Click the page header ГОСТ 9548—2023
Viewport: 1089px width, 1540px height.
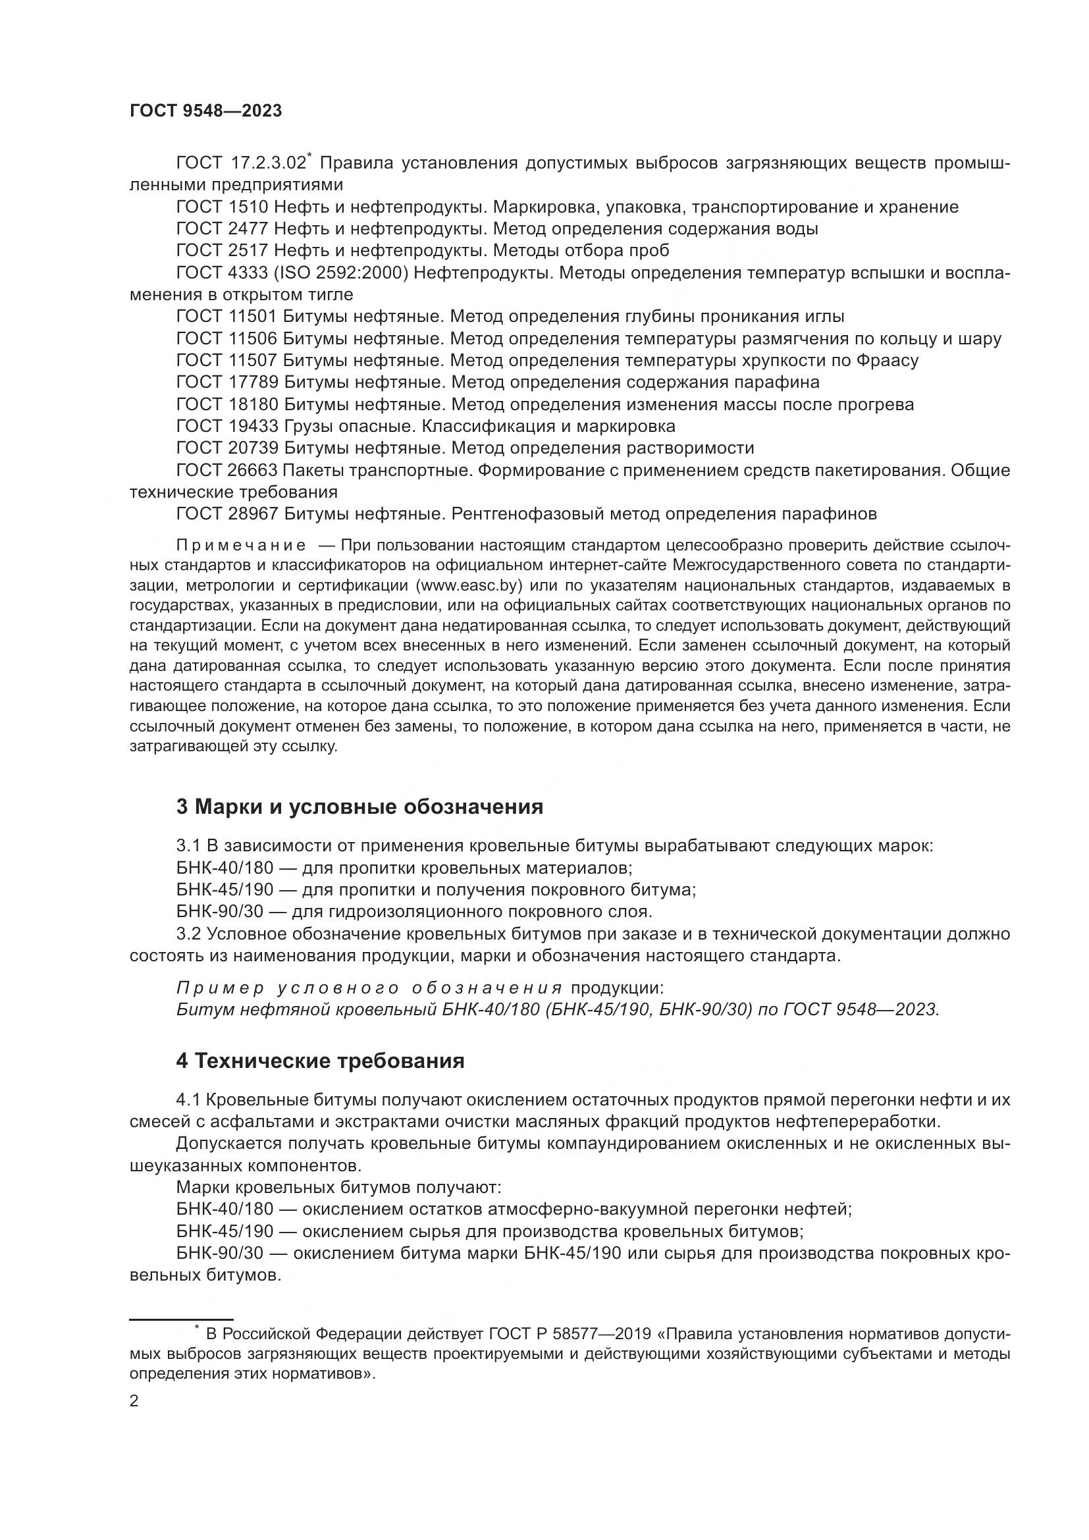coord(205,111)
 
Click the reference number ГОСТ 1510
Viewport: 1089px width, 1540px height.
coord(222,207)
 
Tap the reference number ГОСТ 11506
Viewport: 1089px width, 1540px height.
coord(226,338)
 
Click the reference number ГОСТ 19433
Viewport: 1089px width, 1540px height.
coord(226,427)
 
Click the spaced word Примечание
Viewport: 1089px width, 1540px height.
coord(241,544)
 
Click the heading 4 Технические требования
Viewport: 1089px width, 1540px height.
coord(320,1061)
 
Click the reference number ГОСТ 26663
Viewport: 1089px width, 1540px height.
coord(226,471)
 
